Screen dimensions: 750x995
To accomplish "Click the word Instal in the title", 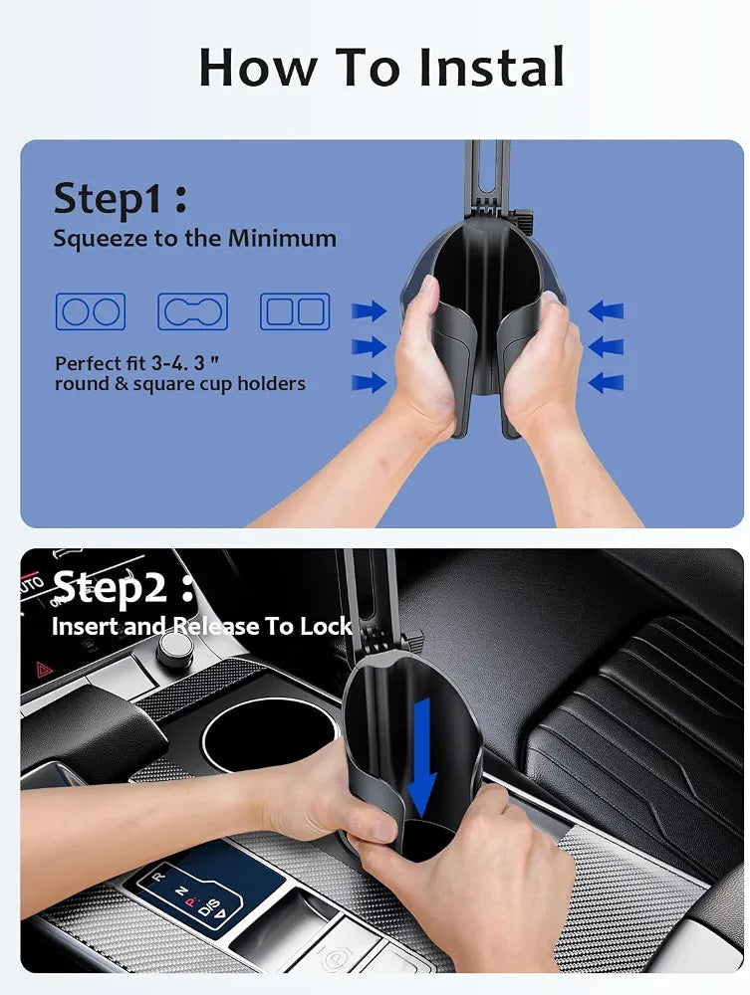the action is tap(491, 67).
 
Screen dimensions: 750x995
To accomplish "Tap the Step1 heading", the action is tap(121, 199).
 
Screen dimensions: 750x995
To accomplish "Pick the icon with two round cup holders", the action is tap(91, 311).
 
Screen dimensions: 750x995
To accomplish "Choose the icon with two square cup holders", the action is tap(295, 311).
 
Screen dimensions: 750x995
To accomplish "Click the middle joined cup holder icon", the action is tap(192, 311).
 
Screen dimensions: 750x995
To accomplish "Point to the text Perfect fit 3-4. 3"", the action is tap(137, 363).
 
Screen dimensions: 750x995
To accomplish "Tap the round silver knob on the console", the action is tap(174, 648).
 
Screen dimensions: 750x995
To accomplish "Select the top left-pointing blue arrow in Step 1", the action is tap(606, 310).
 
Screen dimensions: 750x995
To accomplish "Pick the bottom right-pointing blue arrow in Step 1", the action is tap(369, 383).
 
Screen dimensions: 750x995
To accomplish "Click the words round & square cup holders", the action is tap(180, 384).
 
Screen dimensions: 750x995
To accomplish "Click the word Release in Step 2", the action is tap(216, 626).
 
